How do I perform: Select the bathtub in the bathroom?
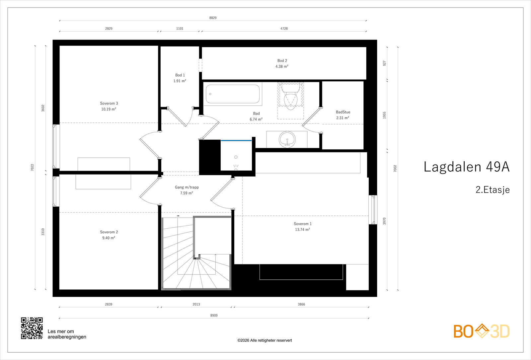(x=233, y=94)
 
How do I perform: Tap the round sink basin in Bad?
(x=287, y=139)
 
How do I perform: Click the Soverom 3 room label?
(x=109, y=103)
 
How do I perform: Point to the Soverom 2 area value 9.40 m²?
(x=109, y=238)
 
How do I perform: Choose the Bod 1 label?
(x=180, y=75)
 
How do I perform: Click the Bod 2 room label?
(x=282, y=61)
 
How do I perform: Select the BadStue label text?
(x=343, y=112)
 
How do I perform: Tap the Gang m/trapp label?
(x=187, y=187)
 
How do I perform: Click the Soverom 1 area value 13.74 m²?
(x=302, y=229)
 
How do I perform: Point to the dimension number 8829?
(x=213, y=18)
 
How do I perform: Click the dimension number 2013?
(x=196, y=304)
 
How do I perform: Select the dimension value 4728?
(x=284, y=29)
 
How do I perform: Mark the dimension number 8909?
(x=214, y=316)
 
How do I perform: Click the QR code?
(x=32, y=328)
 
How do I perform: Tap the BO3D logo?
(x=482, y=331)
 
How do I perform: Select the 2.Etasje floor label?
(x=493, y=189)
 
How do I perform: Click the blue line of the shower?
(x=236, y=141)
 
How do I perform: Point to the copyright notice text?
(x=265, y=340)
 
